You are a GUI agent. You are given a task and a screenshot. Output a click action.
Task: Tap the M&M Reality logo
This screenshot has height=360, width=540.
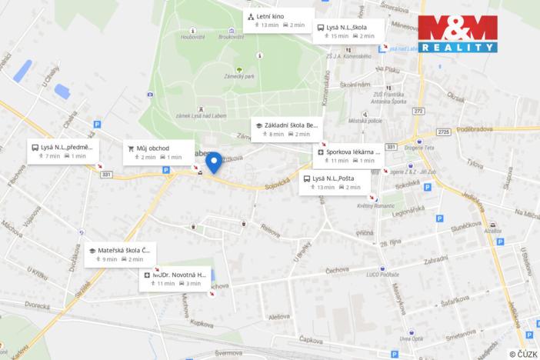(x=457, y=33)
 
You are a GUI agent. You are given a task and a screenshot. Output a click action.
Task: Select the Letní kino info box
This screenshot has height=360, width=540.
(x=278, y=20)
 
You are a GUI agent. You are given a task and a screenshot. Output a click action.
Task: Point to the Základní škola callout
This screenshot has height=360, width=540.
(x=285, y=128)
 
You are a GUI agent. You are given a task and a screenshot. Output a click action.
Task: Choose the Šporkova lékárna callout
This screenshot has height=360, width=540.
(x=347, y=156)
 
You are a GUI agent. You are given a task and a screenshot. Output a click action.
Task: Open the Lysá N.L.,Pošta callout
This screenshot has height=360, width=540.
(x=334, y=182)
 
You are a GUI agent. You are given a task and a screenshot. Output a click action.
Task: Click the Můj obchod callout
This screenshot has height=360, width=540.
(x=158, y=152)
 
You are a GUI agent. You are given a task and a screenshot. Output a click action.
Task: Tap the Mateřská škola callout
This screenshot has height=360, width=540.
(x=122, y=254)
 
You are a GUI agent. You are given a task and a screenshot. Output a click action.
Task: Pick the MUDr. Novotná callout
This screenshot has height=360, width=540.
(x=175, y=278)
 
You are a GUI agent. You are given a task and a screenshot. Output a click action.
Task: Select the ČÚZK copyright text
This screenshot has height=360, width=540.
(x=522, y=354)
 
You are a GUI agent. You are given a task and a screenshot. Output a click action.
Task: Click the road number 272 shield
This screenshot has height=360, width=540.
(x=418, y=112)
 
